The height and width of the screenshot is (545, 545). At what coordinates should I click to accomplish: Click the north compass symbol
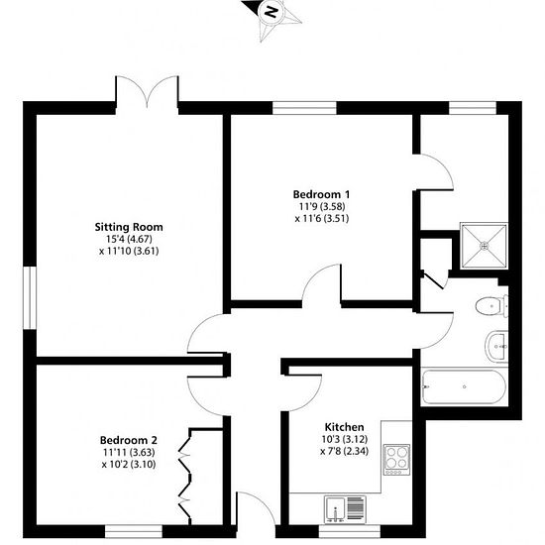(x=269, y=14)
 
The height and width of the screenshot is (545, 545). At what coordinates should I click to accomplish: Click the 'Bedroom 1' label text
(x=321, y=193)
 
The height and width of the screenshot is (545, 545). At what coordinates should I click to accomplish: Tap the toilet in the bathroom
(x=490, y=306)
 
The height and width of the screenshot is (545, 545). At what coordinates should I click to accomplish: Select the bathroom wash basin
(x=496, y=346)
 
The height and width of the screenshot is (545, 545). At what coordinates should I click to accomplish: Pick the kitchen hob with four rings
(x=397, y=457)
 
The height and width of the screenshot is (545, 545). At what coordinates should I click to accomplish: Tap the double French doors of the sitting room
(x=148, y=92)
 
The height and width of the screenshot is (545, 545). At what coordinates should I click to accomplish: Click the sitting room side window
(x=30, y=294)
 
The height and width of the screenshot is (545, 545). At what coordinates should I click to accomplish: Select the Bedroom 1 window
(x=291, y=106)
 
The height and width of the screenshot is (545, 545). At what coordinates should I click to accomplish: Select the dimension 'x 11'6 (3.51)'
(x=322, y=218)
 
